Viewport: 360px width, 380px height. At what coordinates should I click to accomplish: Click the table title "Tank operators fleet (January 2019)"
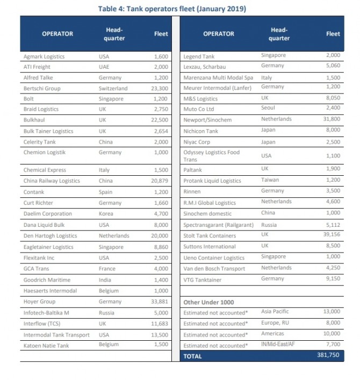tap(180, 9)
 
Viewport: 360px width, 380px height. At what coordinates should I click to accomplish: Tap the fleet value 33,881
tap(160, 302)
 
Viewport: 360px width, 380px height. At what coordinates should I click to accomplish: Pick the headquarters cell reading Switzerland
tap(113, 88)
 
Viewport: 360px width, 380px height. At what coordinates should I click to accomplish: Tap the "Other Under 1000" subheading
tap(208, 302)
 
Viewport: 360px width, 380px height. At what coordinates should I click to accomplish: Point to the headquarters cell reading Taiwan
tap(270, 180)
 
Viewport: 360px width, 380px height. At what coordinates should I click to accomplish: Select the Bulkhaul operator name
tap(33, 120)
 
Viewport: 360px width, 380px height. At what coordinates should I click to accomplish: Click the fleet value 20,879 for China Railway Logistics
tap(160, 181)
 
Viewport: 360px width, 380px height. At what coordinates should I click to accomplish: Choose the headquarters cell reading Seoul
tap(269, 108)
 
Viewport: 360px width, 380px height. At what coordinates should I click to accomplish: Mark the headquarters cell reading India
tap(104, 280)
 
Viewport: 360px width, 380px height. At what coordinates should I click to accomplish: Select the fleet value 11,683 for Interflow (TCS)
tap(160, 324)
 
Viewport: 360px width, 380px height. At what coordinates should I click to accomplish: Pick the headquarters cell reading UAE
tap(104, 67)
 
